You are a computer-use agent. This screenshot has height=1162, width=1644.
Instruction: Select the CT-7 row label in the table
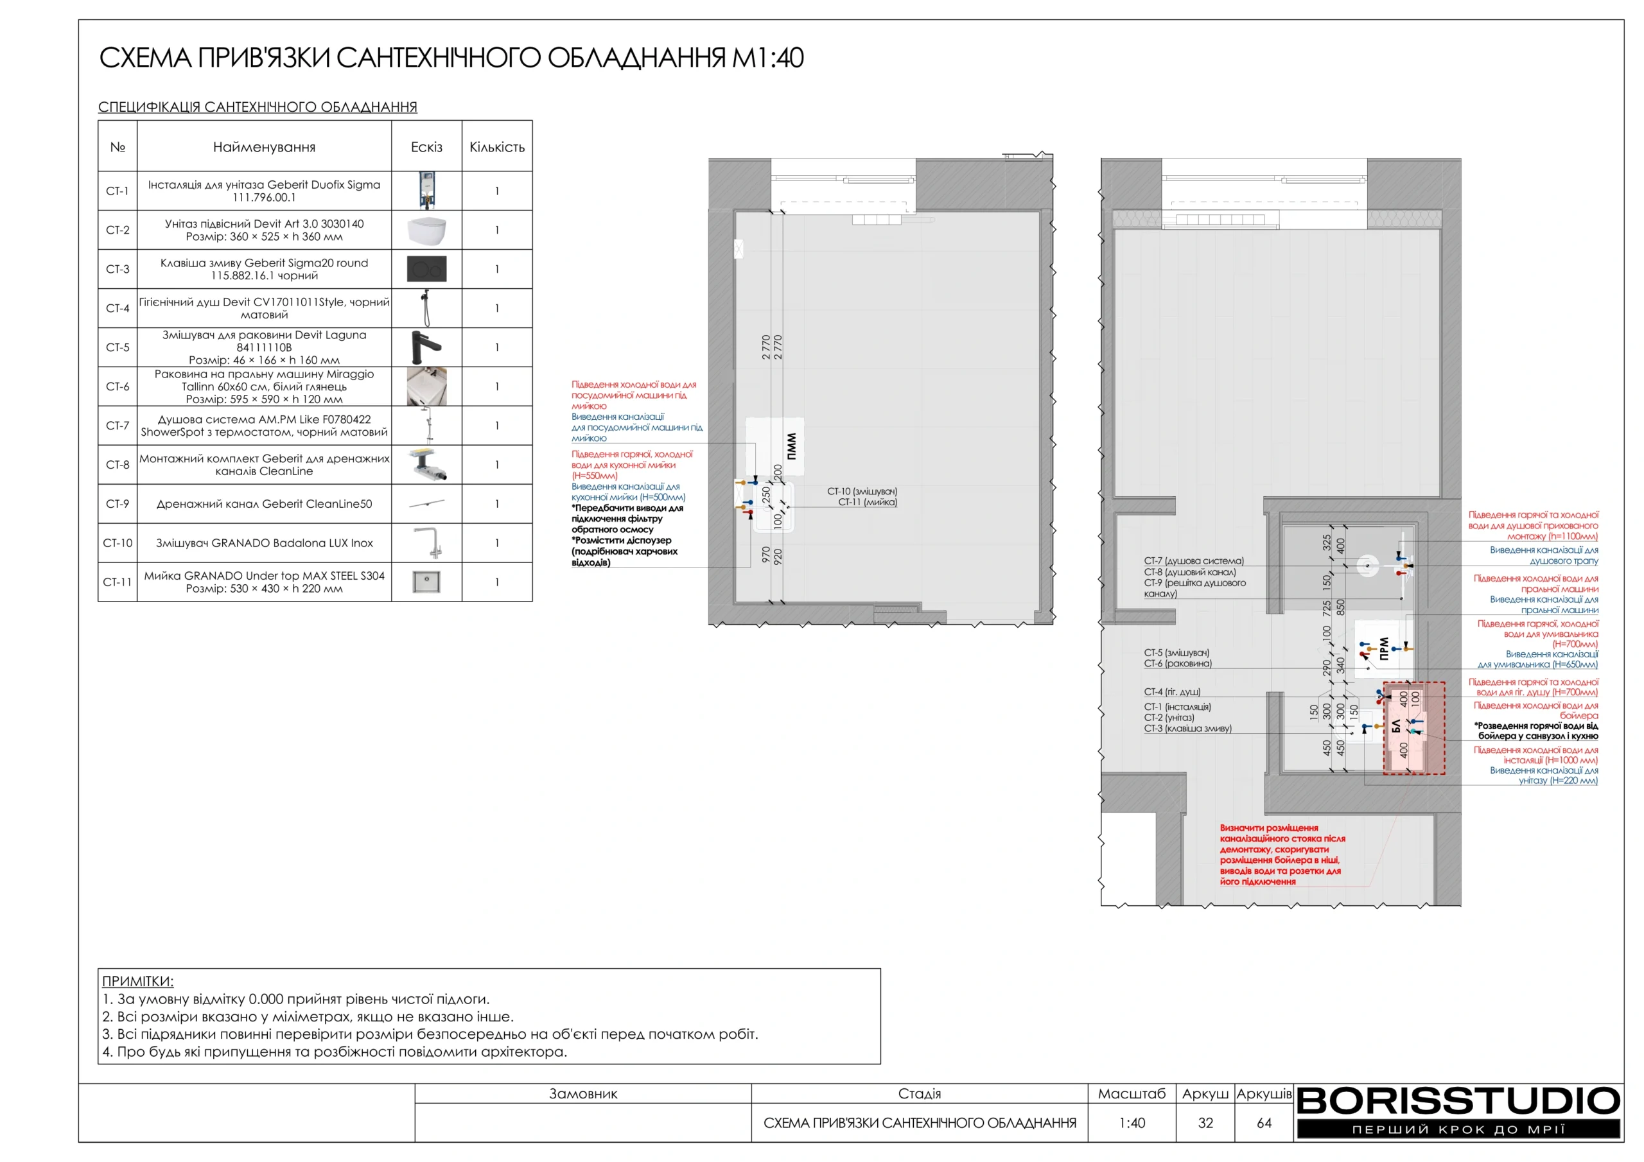[118, 426]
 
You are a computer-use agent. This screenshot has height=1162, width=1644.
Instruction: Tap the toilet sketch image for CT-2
[427, 230]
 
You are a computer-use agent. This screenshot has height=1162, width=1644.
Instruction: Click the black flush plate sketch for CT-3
[427, 269]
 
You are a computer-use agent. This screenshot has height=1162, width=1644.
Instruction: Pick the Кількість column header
[497, 148]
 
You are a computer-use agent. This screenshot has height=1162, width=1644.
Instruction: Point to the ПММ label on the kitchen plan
[791, 447]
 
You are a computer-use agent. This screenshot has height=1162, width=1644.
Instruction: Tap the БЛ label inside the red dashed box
[1395, 726]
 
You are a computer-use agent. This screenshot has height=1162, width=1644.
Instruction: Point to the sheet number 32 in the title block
[1206, 1123]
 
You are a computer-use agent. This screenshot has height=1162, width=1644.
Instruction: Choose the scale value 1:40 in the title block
[1132, 1123]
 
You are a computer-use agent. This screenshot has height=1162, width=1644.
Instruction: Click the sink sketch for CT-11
[427, 582]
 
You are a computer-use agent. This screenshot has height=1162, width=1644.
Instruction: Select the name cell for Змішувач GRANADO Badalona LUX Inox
[264, 542]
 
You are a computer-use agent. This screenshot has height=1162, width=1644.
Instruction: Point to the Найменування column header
[264, 148]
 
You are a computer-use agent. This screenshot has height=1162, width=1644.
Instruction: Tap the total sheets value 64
[1264, 1123]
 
